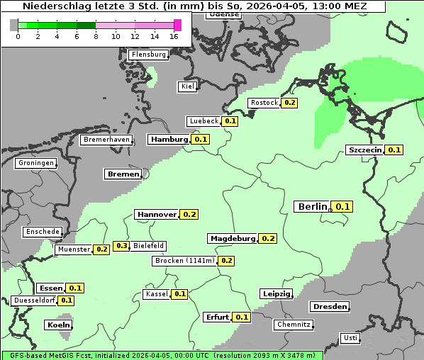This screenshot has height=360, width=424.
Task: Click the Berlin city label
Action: coord(312,206)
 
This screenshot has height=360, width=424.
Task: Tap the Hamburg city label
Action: coord(168,140)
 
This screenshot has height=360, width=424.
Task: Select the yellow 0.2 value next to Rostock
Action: coord(289,103)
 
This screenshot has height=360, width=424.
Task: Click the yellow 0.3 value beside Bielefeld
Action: coord(121,246)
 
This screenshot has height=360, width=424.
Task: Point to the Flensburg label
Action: coord(148,55)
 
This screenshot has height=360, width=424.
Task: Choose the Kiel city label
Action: coord(187,86)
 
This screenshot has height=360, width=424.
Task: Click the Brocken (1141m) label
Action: coord(184,261)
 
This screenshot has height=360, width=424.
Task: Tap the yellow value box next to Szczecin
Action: coord(395,150)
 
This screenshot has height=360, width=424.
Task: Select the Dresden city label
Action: coord(329,307)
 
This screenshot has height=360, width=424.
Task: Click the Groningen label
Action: coord(35,163)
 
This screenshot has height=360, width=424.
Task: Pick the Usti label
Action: coord(350,338)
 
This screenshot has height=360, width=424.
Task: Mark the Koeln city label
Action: coord(58,325)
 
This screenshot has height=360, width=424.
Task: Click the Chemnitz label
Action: coord(293,325)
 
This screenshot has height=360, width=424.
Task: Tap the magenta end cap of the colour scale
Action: coord(177,25)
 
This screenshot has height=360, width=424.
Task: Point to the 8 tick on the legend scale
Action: coord(96,36)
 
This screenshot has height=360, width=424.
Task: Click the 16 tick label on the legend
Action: coord(174,36)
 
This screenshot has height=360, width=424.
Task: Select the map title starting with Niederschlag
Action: coord(194,6)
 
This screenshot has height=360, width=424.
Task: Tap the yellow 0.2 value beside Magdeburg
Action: coord(268,238)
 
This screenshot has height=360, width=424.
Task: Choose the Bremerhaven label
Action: coord(106,140)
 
